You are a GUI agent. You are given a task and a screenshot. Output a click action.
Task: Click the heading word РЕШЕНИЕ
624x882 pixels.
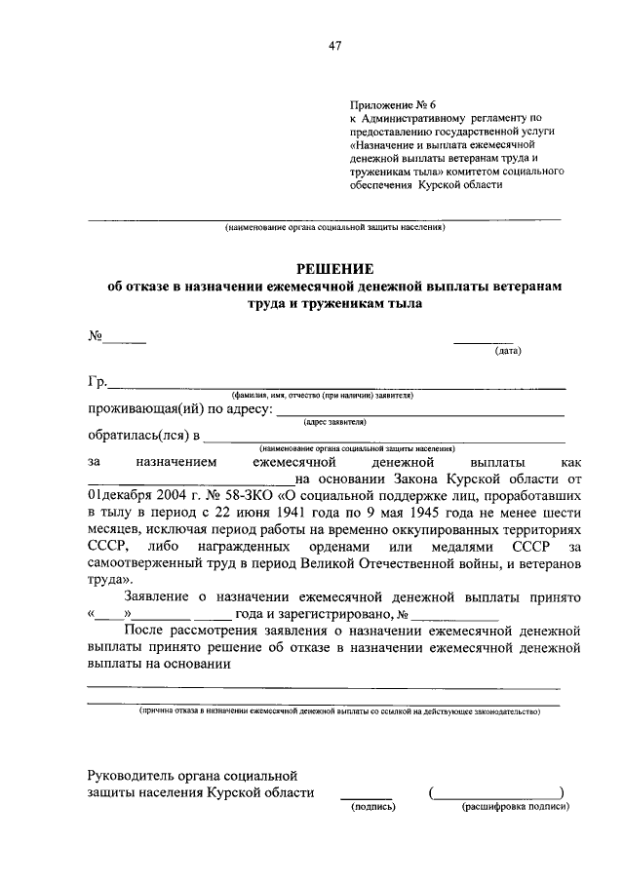335,268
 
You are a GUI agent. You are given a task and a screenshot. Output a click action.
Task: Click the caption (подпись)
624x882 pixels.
371,807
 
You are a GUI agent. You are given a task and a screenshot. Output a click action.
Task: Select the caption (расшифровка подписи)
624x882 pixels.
515,807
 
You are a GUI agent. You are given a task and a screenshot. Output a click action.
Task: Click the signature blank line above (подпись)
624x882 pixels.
366,796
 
